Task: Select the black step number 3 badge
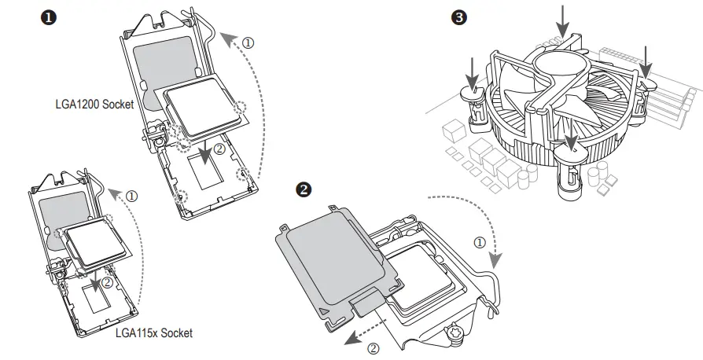459,17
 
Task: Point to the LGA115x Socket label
153,333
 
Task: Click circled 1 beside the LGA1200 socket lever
249,43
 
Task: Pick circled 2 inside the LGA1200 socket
219,148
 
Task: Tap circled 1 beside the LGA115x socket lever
131,194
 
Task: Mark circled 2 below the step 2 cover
374,346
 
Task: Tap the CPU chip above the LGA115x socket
94,241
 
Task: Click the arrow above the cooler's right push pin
644,61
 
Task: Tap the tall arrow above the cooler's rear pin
563,20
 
